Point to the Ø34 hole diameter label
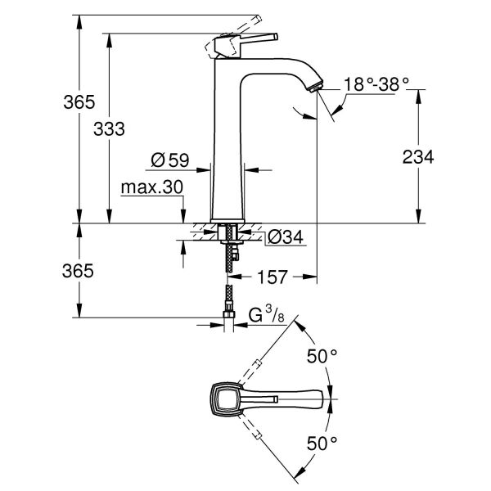pyautogui.click(x=286, y=236)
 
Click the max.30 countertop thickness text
pyautogui.click(x=151, y=187)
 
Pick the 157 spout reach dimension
pyautogui.click(x=273, y=277)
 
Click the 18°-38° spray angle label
pyautogui.click(x=376, y=83)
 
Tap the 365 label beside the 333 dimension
pyautogui.click(x=79, y=102)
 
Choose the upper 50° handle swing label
pyautogui.click(x=322, y=356)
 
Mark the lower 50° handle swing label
pyautogui.click(x=322, y=443)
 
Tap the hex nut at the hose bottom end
pyautogui.click(x=229, y=313)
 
